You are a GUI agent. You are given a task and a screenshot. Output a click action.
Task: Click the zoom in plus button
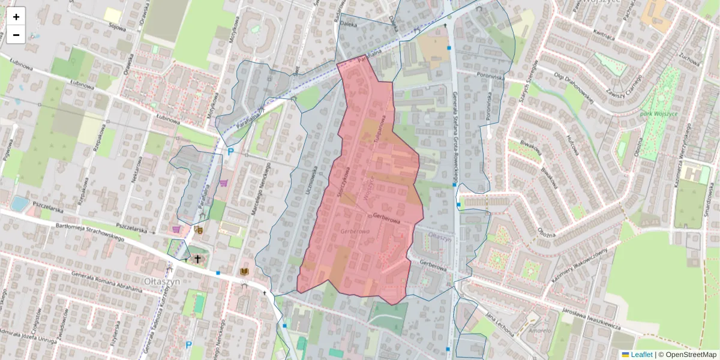tap(16, 17)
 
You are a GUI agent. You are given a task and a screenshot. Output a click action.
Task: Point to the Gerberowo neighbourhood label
tap(353, 231)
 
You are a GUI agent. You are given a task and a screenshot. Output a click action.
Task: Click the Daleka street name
tap(348, 25)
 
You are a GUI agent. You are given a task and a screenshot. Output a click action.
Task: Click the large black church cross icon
tap(197, 259)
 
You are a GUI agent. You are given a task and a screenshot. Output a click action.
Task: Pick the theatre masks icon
tap(199, 229)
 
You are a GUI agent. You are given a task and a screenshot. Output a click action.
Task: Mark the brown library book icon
tap(244, 272)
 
